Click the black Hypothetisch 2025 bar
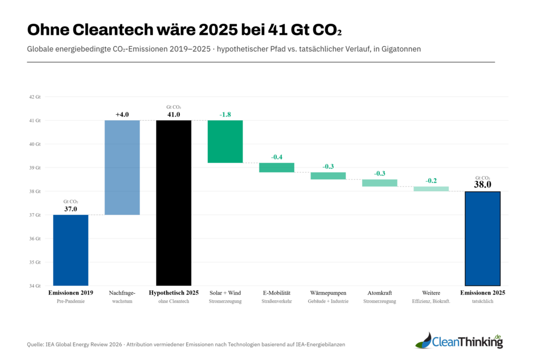coord(173,203)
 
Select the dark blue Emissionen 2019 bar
coord(71,250)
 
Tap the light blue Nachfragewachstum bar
coord(122,168)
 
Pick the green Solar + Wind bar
coord(225,141)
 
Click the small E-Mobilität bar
coord(276,168)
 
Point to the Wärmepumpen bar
coord(328,176)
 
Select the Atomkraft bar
coord(380,183)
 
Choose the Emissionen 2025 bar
coord(483,238)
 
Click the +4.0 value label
coord(122,114)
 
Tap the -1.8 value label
coord(225,114)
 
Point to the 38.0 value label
coord(483,184)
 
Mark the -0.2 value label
coord(431,180)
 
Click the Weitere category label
coord(431,293)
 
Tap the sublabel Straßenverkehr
coord(276,301)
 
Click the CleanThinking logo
coord(459,341)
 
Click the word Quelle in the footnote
coord(35,344)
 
